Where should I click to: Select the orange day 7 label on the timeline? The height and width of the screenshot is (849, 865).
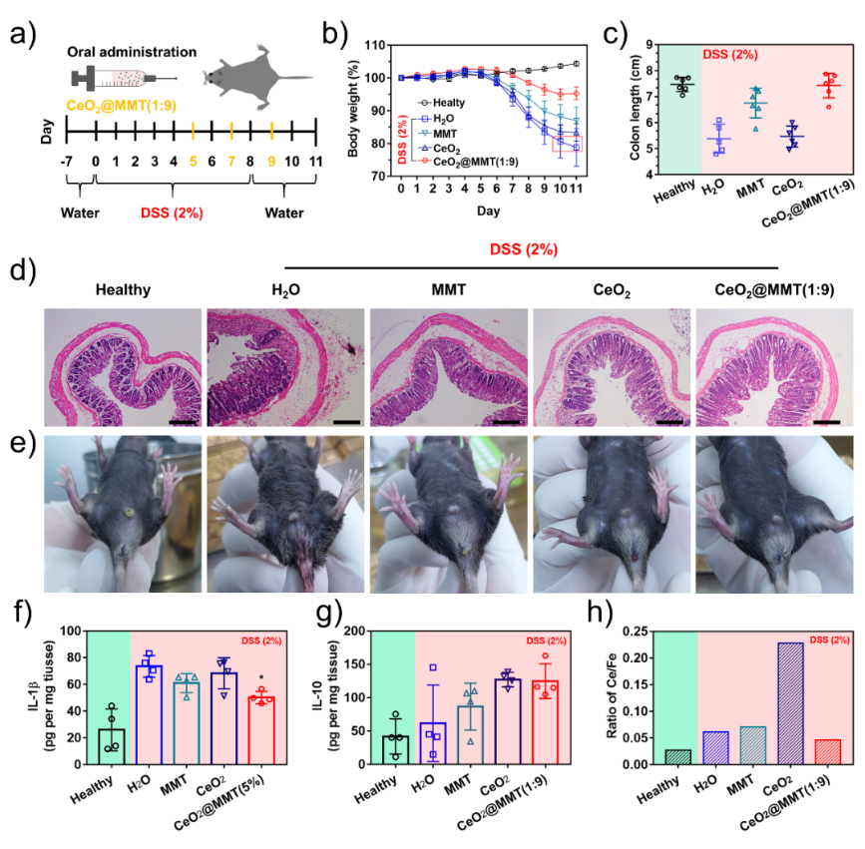point(231,160)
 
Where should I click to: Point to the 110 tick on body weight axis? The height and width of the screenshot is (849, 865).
point(375,46)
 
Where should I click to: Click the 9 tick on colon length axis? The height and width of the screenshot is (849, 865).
point(649,45)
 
